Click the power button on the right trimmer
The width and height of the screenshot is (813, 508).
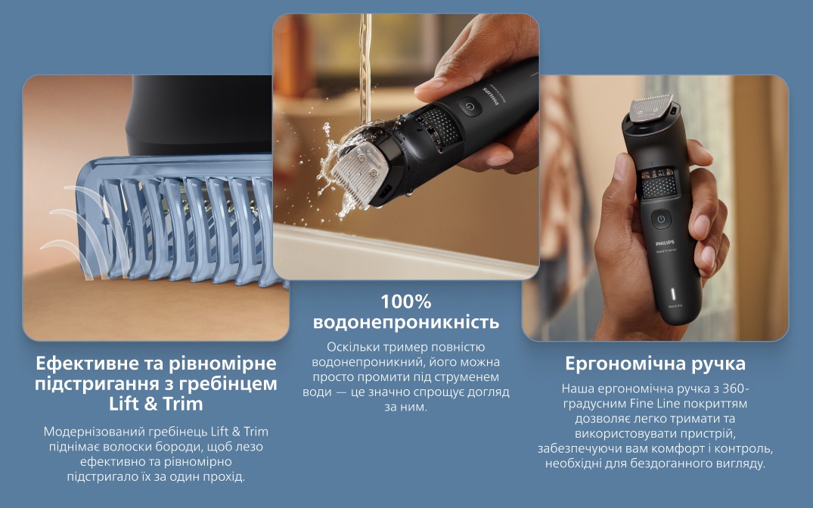pyautogui.click(x=661, y=218)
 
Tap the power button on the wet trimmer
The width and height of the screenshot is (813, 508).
pyautogui.click(x=470, y=107)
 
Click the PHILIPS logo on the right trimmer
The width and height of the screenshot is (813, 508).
pyautogui.click(x=666, y=243)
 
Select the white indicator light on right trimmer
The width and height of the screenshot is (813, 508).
pyautogui.click(x=674, y=294)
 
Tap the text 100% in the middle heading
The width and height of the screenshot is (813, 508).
pyautogui.click(x=406, y=301)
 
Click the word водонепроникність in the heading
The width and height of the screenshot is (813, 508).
pyautogui.click(x=406, y=322)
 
